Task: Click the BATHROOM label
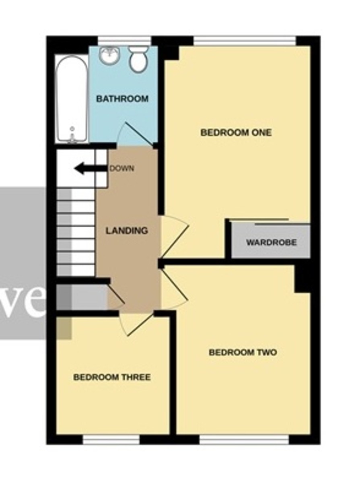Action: click(122, 99)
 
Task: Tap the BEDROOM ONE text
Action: click(236, 132)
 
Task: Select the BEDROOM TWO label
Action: click(243, 353)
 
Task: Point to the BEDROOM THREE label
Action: click(112, 377)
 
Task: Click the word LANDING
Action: click(127, 231)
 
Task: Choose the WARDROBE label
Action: click(272, 243)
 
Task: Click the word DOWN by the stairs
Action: click(122, 169)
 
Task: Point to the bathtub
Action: click(72, 99)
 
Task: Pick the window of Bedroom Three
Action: click(111, 440)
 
